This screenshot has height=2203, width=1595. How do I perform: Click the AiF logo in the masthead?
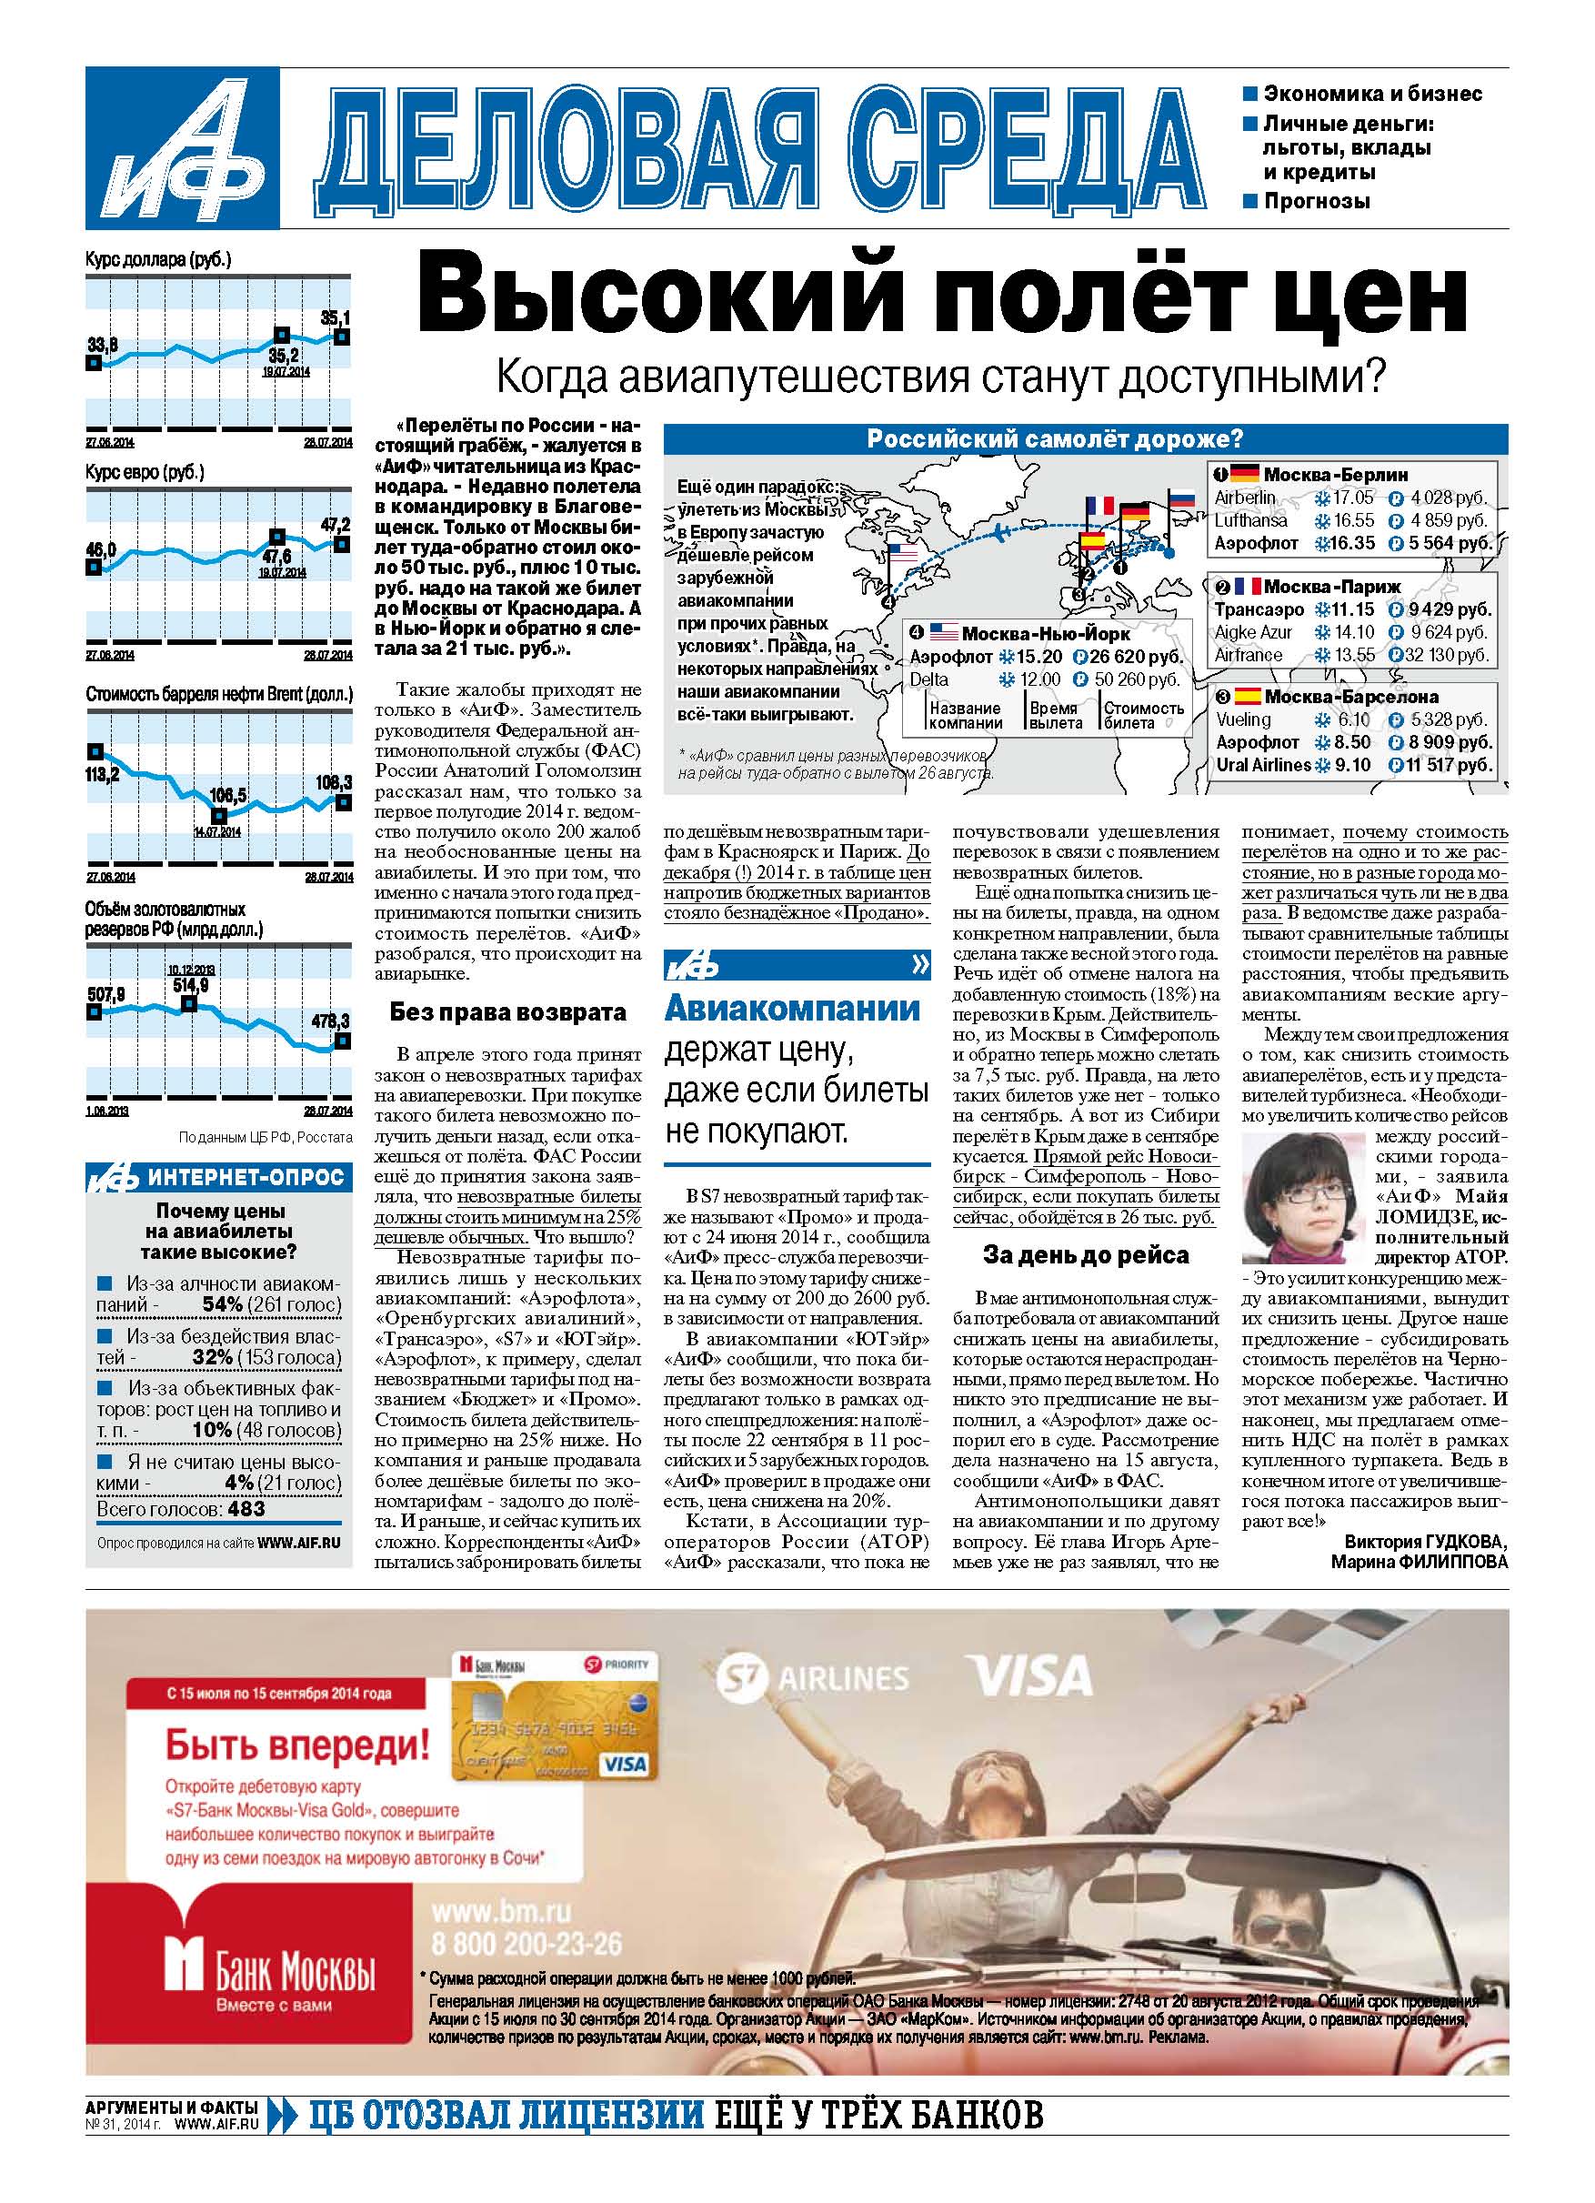pyautogui.click(x=182, y=147)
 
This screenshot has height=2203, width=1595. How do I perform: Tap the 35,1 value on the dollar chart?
pyautogui.click(x=336, y=317)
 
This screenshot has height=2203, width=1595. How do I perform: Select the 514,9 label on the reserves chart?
pyautogui.click(x=190, y=985)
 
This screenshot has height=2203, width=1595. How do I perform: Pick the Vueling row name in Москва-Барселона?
pyautogui.click(x=1243, y=719)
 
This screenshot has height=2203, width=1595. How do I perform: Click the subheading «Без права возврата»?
pyautogui.click(x=507, y=1012)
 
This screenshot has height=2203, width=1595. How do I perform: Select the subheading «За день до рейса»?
pyautogui.click(x=1085, y=1255)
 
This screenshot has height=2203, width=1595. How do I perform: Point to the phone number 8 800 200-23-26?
pyautogui.click(x=526, y=1944)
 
